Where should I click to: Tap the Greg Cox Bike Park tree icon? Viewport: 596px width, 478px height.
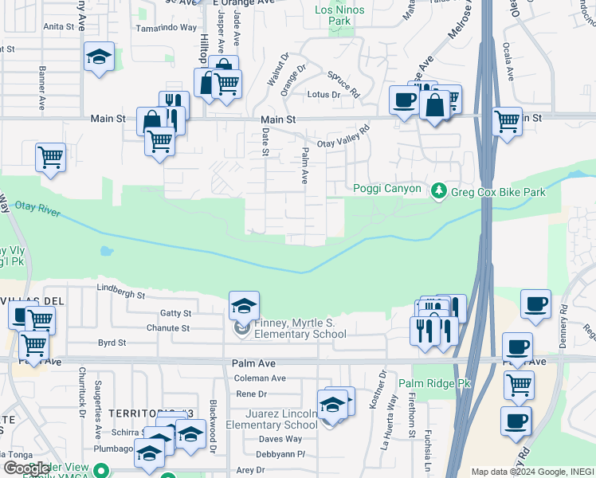(438, 191)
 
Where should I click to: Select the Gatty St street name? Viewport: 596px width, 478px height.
(175, 314)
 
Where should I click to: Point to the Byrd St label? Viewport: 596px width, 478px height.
(112, 343)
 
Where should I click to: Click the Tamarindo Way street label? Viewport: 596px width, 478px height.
(166, 27)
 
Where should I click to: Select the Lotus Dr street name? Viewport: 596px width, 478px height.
(324, 95)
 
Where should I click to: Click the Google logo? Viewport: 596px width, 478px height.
(25, 468)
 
